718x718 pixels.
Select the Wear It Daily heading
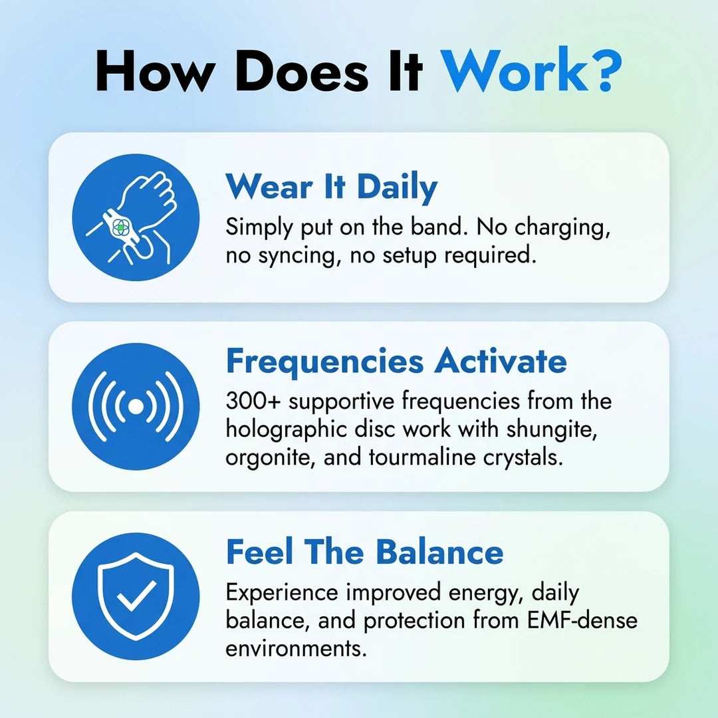(x=331, y=187)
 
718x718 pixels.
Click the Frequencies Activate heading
(x=396, y=362)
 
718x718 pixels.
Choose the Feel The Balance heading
(x=364, y=552)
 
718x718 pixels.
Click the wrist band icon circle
(x=136, y=217)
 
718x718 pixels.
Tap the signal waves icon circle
(x=136, y=406)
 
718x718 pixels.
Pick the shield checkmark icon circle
(x=136, y=596)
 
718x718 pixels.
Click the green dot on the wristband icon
(x=120, y=227)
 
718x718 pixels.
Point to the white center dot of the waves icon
(x=136, y=406)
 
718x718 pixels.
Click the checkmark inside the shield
(x=136, y=596)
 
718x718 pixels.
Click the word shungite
(x=562, y=429)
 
